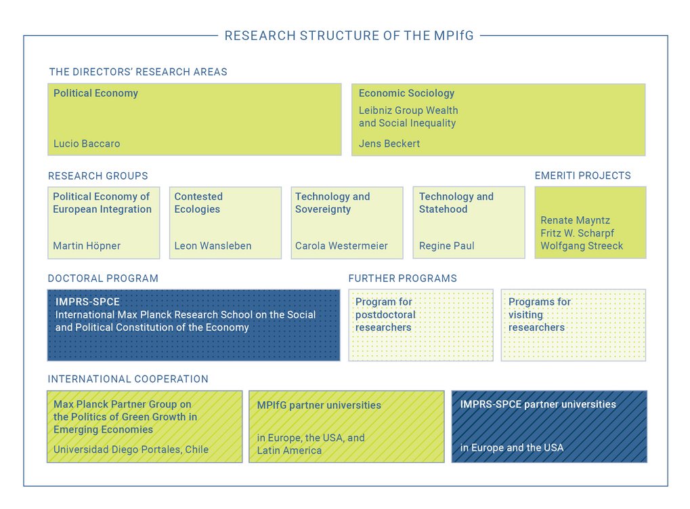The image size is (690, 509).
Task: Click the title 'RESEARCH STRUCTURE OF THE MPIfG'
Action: coord(349,36)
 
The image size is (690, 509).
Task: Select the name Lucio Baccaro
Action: coord(87,144)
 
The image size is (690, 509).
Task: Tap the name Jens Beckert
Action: coord(389,144)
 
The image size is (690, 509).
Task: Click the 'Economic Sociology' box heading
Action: coord(406,94)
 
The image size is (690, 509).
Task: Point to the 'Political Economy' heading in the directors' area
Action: coord(95,94)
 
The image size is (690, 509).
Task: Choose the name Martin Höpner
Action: coord(87,246)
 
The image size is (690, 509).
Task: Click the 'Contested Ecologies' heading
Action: coord(198,203)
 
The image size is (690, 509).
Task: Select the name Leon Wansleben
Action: coord(213,246)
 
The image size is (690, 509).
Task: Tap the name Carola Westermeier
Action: coord(341,246)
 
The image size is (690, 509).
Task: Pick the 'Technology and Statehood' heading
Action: coord(456,203)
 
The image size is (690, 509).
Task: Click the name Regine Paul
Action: coord(446,246)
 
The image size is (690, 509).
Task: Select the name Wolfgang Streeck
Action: coord(582,246)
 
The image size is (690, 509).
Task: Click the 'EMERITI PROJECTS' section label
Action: coord(582,176)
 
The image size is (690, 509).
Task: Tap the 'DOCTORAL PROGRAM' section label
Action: coord(103,279)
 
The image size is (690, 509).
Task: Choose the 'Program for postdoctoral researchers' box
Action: coord(421,325)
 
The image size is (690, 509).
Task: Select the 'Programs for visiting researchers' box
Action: coord(573,325)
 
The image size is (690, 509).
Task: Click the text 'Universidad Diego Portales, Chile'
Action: coord(131,449)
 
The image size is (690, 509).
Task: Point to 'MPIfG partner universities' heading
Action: coord(319,405)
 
